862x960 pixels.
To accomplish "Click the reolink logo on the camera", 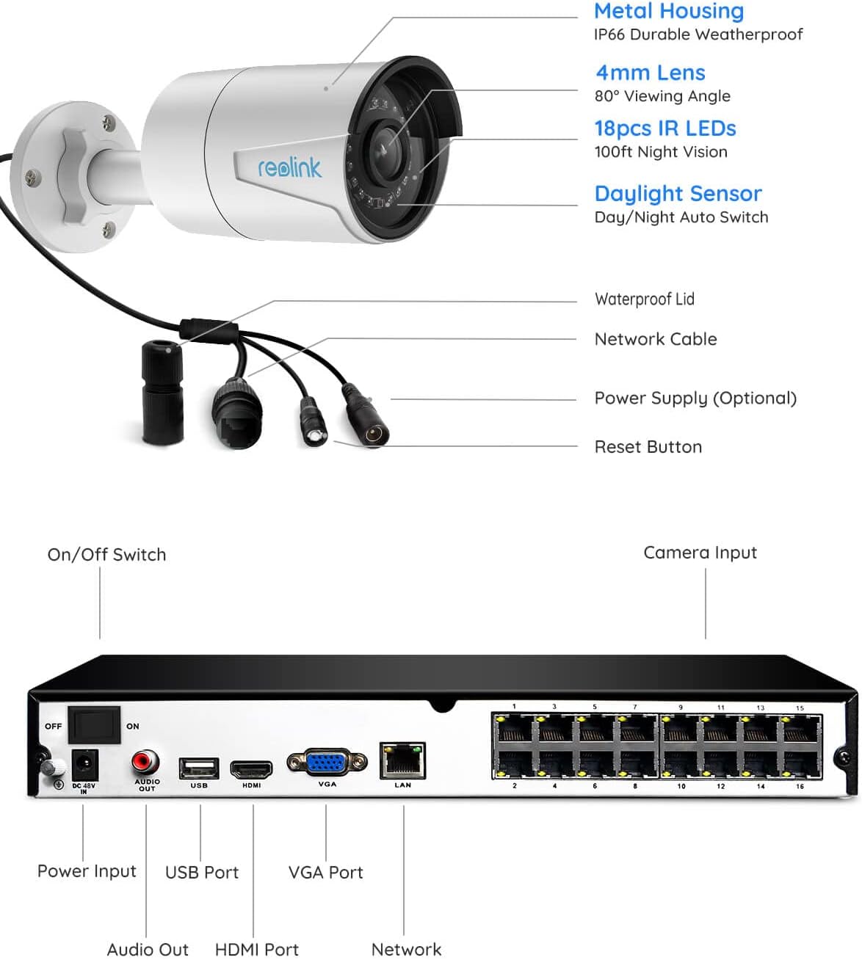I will coord(289,167).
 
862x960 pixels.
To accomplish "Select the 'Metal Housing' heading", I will coord(669,11).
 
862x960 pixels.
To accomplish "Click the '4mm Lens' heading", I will coord(650,73).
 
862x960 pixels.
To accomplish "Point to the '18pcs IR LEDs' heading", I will coord(664,128).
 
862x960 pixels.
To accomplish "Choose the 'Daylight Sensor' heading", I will coord(678,193).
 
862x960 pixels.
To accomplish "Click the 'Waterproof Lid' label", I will coord(644,299).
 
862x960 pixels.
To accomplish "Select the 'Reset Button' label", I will coord(648,447).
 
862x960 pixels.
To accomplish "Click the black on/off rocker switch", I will coord(94,725).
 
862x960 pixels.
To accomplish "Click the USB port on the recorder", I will coord(199,768).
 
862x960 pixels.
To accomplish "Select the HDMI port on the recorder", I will coord(251,770).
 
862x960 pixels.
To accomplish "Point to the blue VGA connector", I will coord(327,763).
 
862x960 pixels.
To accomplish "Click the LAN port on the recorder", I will coord(402,761).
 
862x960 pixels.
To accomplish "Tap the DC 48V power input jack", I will coord(84,766).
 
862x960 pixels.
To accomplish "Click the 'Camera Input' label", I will coord(700,553).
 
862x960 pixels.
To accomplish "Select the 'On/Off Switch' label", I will coord(106,555).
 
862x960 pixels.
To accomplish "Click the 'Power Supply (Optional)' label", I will coord(695,398).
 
